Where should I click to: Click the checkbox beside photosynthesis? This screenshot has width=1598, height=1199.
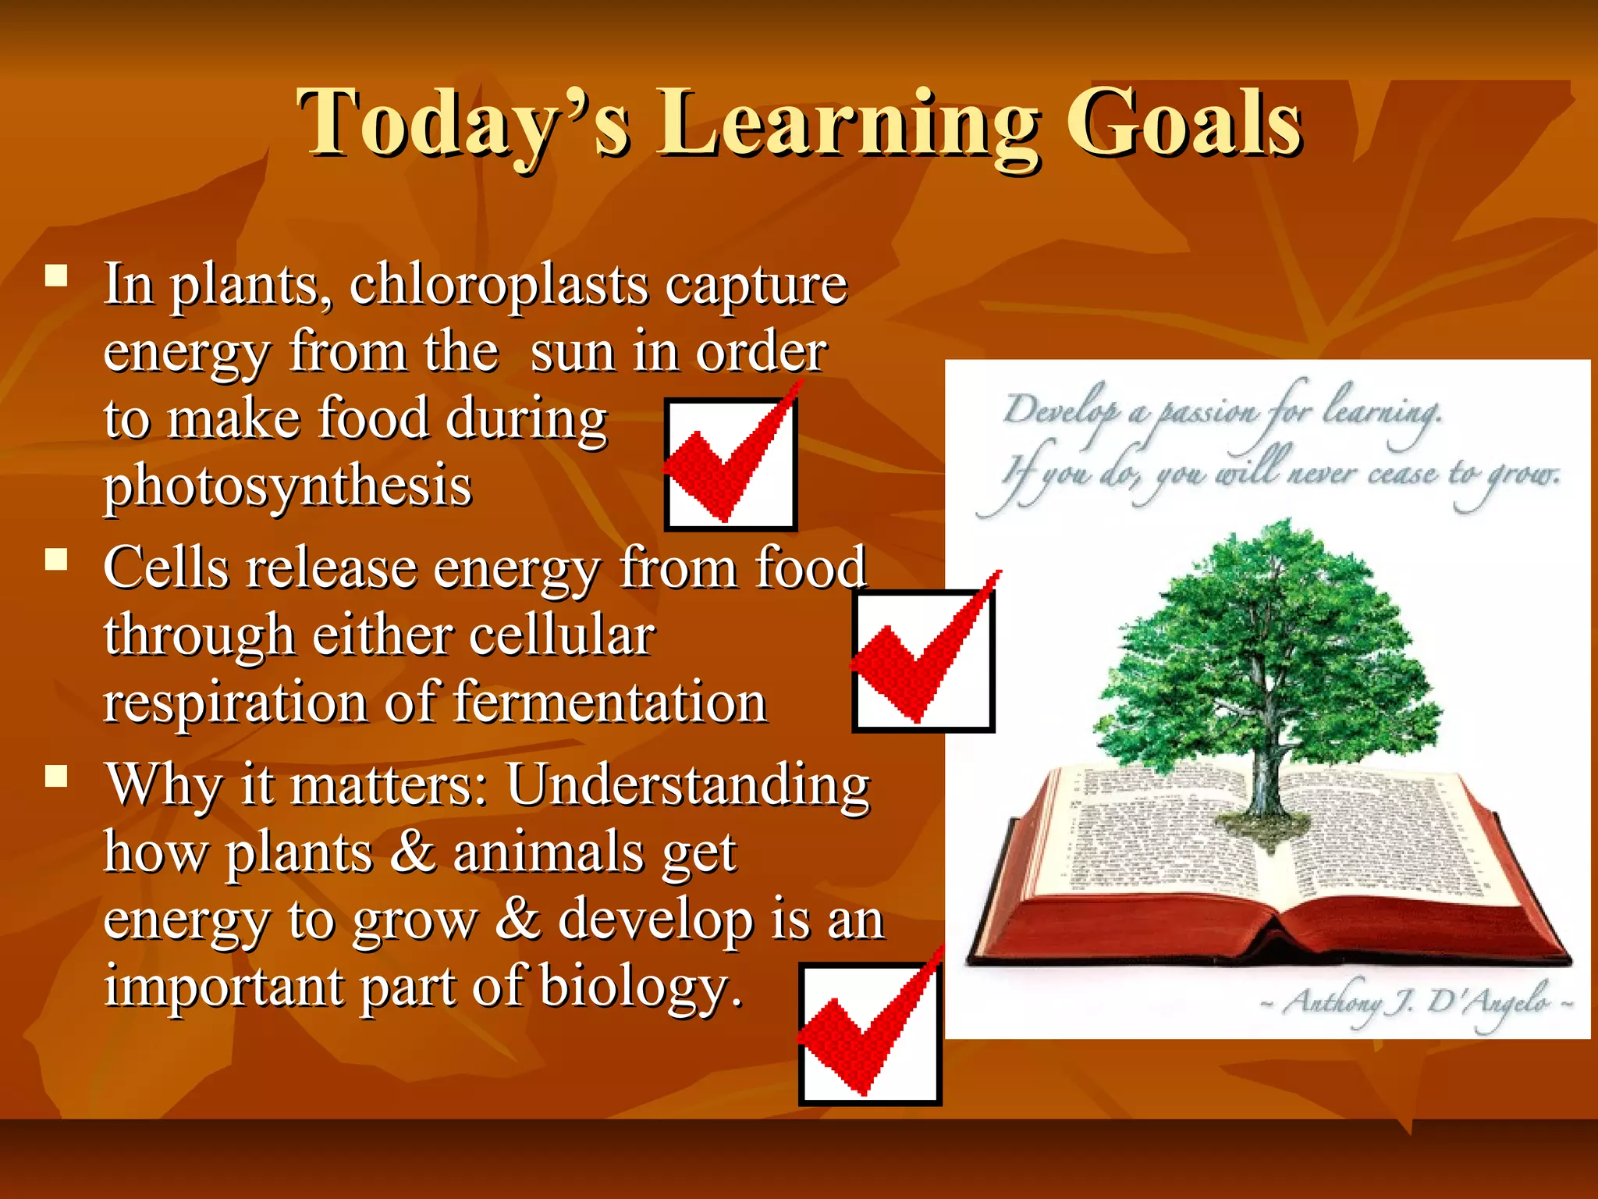click(x=730, y=464)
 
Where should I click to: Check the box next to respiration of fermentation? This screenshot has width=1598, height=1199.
click(x=922, y=660)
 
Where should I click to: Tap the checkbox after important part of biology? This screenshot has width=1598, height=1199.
click(x=869, y=1034)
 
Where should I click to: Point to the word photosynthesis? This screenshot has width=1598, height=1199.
click(x=288, y=486)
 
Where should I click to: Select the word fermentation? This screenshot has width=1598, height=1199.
click(x=609, y=702)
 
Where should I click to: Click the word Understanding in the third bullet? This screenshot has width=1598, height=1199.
click(x=687, y=785)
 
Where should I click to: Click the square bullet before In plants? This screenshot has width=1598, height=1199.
click(x=56, y=276)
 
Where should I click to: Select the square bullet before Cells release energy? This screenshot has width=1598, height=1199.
click(x=56, y=560)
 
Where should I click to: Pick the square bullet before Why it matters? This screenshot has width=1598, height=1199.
click(x=56, y=776)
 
